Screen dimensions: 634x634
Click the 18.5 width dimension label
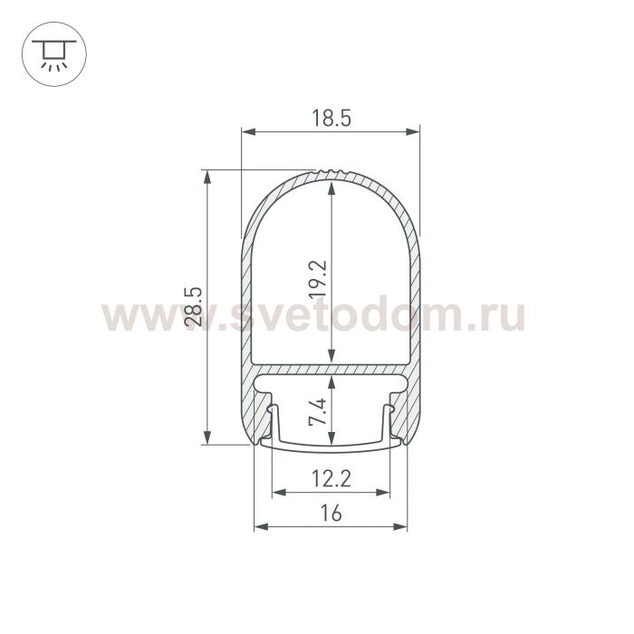pos(331,119)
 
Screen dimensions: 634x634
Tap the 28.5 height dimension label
pos(193,307)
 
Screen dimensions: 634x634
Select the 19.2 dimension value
pos(318,279)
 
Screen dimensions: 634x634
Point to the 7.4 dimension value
pos(318,412)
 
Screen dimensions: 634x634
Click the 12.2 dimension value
pos(331,479)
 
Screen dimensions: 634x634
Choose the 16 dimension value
pos(331,514)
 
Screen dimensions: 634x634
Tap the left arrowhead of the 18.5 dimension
pos(249,131)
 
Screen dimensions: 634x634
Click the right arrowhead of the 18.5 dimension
pos(413,131)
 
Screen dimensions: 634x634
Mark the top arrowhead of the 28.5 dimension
pos(207,178)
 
